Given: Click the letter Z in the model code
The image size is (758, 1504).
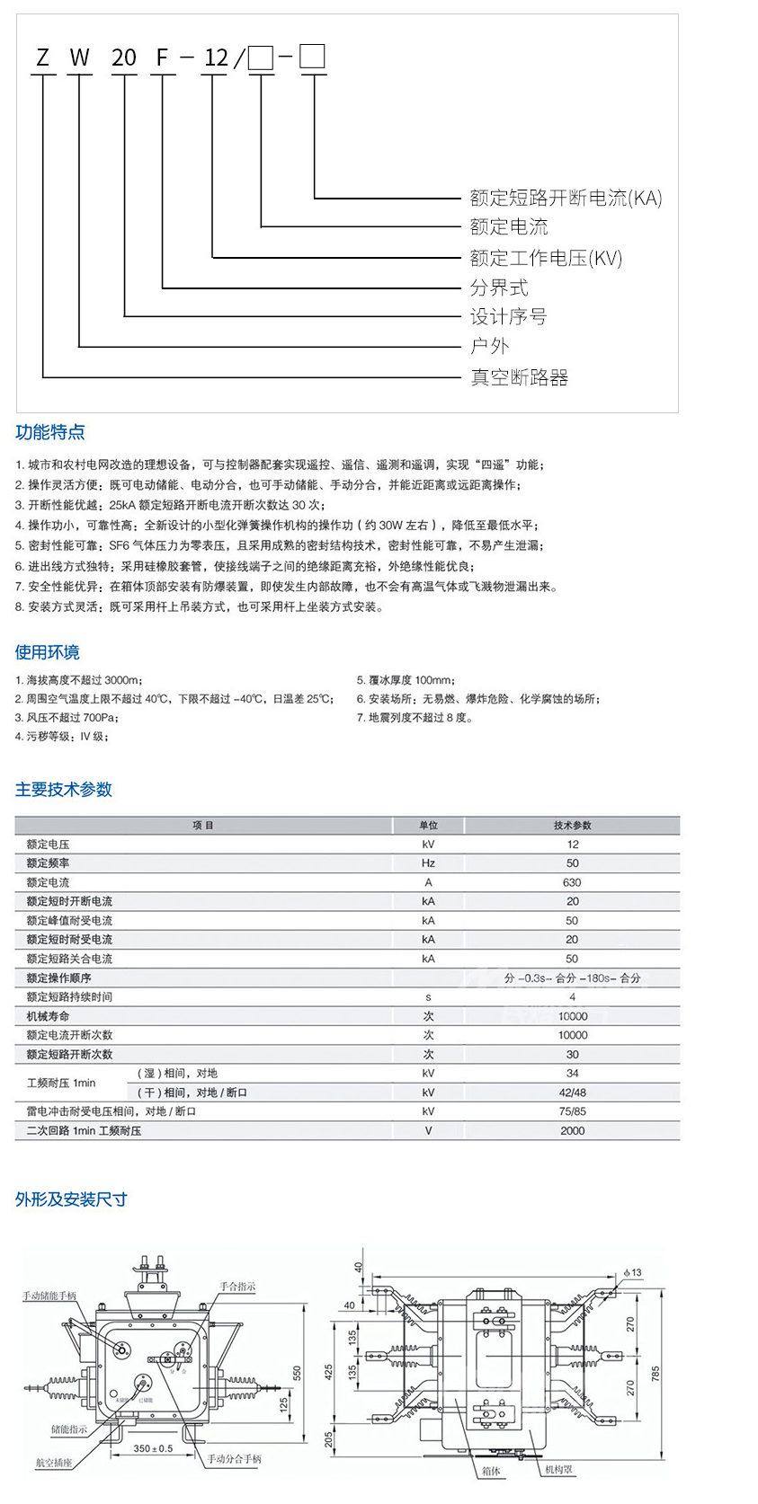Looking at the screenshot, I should (42, 58).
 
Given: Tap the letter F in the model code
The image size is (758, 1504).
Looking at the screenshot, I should (162, 58).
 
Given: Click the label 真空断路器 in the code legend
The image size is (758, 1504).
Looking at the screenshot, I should (520, 377).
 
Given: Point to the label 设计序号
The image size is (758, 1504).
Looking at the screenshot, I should (508, 316).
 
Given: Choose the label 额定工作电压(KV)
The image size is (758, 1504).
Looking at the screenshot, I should (546, 258).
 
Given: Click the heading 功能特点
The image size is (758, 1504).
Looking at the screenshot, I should (50, 432).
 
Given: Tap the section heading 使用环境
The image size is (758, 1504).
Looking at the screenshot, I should (47, 652).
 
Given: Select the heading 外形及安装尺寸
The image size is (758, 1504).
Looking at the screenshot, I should (71, 1199).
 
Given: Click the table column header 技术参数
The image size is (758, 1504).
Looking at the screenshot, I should (573, 825).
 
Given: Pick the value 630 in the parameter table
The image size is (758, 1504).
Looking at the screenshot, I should (573, 882).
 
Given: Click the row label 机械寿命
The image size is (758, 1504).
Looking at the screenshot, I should (48, 1016).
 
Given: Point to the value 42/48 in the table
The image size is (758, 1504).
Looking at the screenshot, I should (573, 1093).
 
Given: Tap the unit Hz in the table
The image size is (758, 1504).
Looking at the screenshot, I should (428, 863).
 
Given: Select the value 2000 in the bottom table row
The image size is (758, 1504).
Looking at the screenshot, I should (573, 1131).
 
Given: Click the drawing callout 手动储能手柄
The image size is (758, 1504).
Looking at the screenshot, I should (49, 1296).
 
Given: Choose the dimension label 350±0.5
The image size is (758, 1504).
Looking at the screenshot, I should (153, 1447).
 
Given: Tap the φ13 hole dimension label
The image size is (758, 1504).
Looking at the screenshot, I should (633, 1272).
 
